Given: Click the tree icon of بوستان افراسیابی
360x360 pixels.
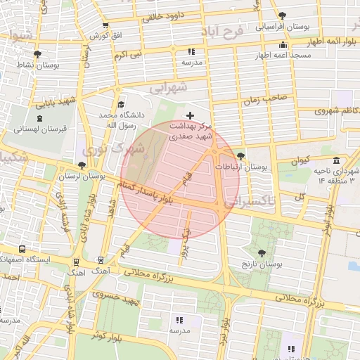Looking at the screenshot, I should click(x=282, y=15).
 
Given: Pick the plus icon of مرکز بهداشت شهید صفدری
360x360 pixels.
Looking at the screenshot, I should click(x=190, y=115).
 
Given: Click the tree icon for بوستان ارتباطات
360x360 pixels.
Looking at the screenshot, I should click(x=242, y=156).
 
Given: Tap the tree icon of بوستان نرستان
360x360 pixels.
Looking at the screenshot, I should click(x=83, y=166).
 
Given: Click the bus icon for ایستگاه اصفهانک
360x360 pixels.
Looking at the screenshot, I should click(x=23, y=249).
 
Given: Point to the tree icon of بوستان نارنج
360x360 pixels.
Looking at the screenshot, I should click(x=262, y=253).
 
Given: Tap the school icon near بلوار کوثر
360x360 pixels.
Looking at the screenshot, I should click(x=176, y=320).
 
